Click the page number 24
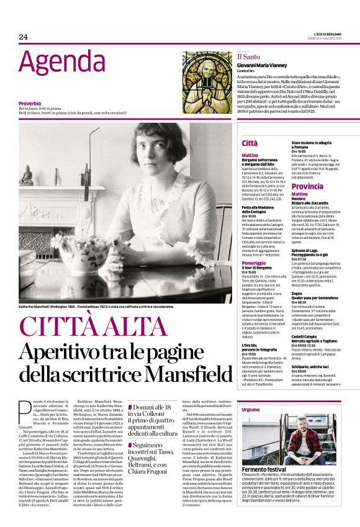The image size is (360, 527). pyautogui.click(x=24, y=37)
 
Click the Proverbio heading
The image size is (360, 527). pyautogui.click(x=30, y=103)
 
